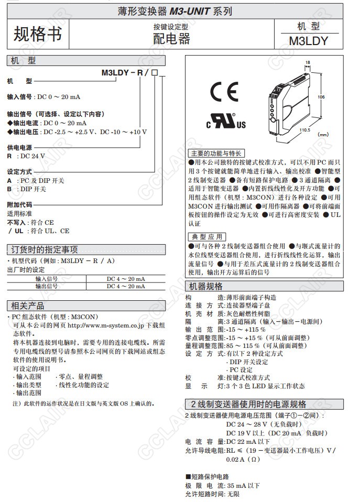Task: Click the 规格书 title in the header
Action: coord(37,34)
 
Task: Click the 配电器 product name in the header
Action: coord(171,39)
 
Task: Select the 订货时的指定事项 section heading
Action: coord(45,249)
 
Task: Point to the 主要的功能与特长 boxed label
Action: coord(215,154)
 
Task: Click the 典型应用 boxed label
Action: coord(207,237)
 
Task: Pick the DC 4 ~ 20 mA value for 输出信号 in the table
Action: coord(126,286)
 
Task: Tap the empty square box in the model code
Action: coord(155,73)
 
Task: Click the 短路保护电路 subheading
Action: coord(208,476)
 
